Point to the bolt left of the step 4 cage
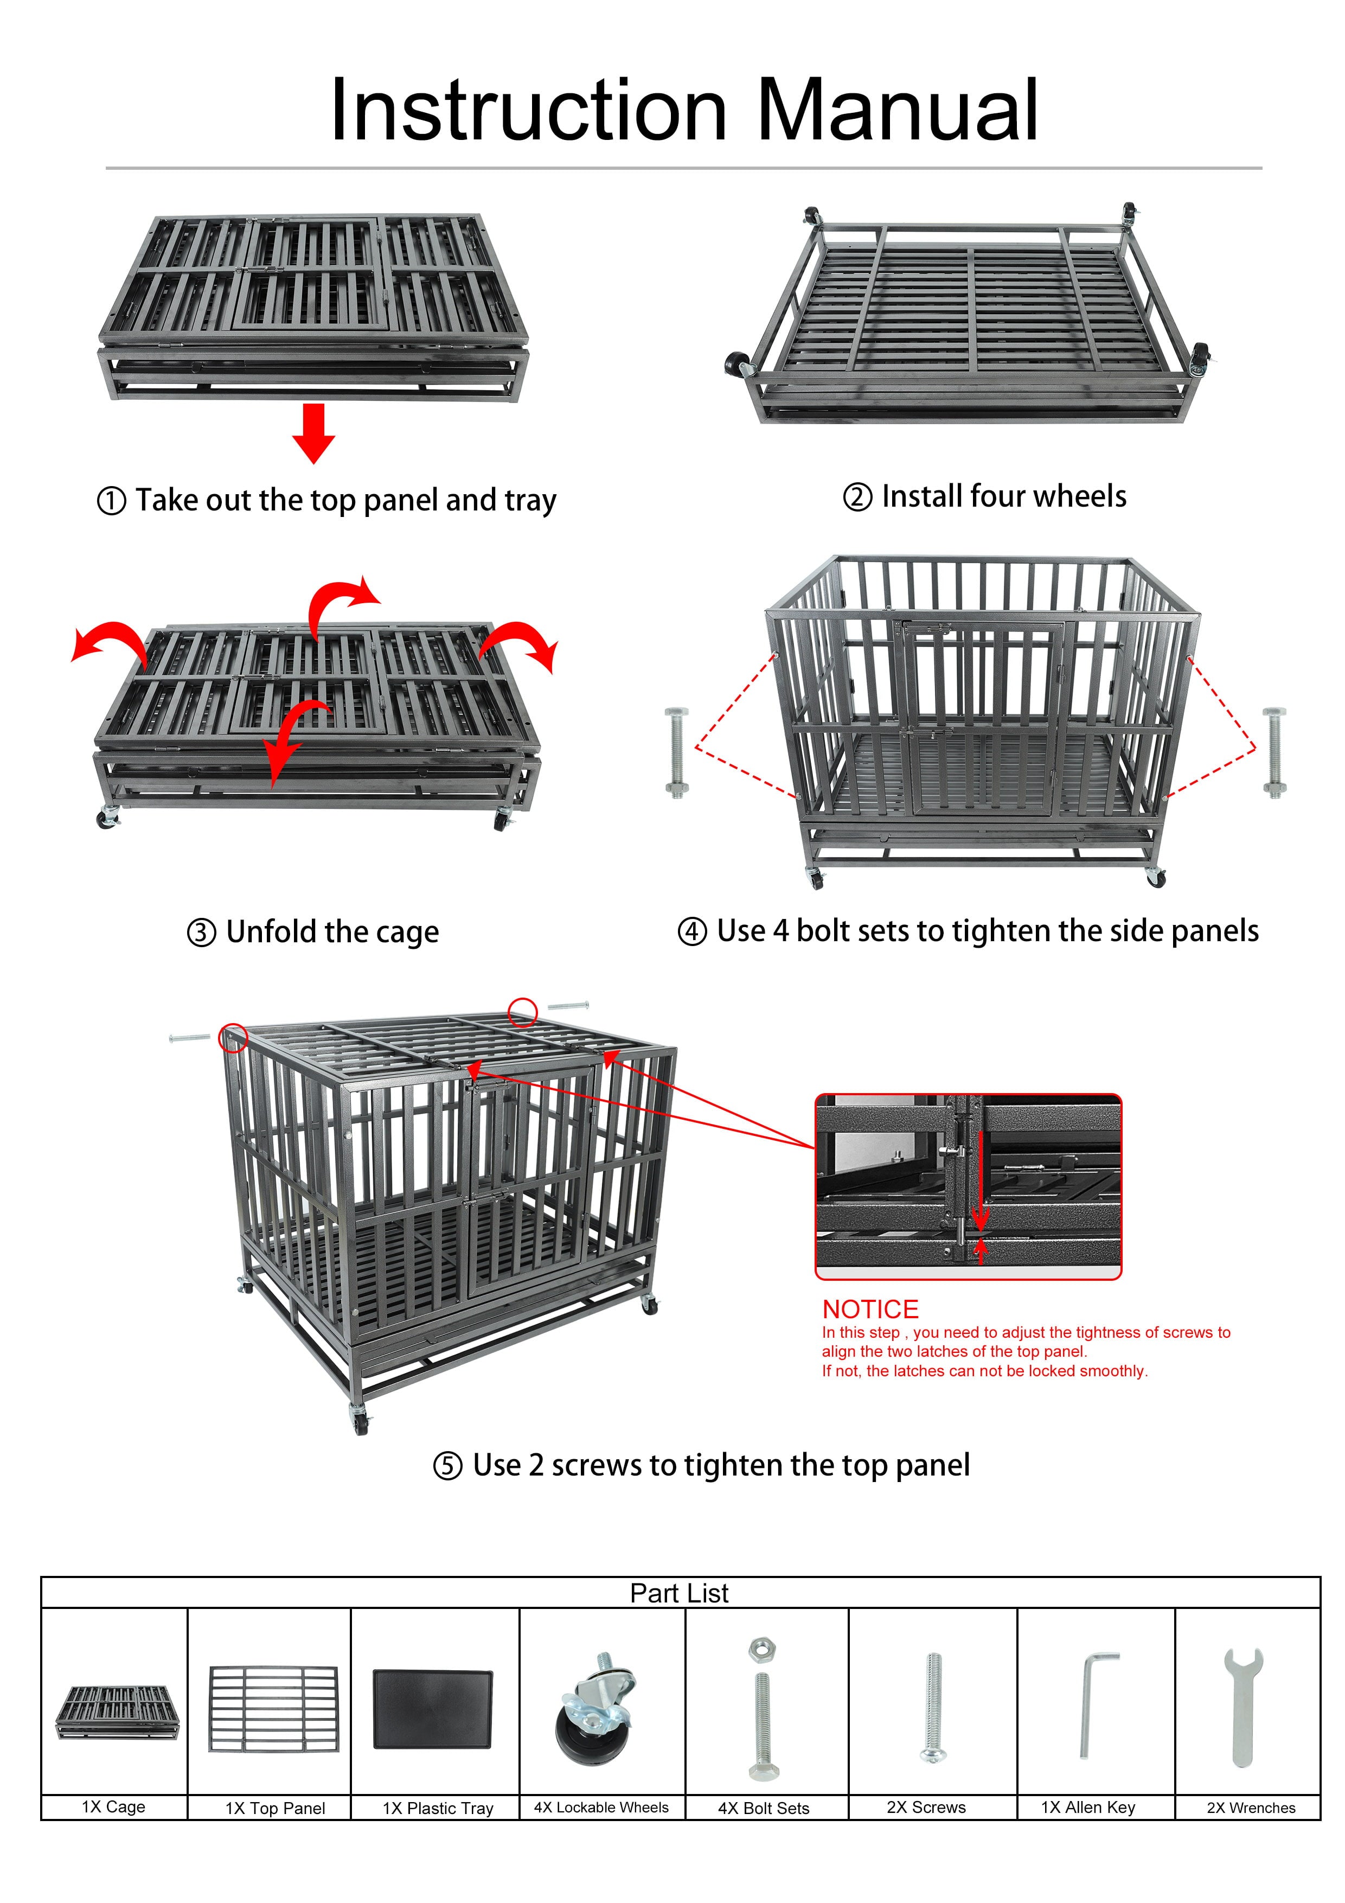677,752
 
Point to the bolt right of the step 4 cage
1274,752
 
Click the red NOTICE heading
870,1310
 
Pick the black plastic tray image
433,1709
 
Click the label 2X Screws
926,1807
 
